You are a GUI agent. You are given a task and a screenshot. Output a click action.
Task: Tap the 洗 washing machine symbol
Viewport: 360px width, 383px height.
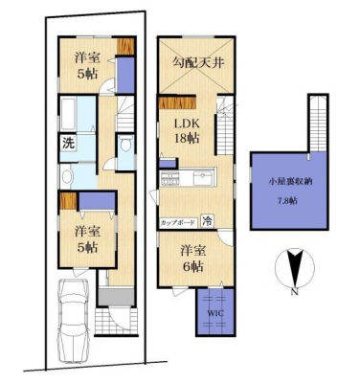67,144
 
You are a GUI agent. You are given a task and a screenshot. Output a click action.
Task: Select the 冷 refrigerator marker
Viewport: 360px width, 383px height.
208,221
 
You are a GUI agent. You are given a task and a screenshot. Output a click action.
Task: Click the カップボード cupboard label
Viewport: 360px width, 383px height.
177,222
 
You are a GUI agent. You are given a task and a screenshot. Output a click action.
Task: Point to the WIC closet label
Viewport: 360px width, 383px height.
216,313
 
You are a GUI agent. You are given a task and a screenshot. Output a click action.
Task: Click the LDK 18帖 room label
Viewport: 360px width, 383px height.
187,131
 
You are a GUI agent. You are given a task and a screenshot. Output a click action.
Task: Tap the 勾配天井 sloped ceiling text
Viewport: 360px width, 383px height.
198,62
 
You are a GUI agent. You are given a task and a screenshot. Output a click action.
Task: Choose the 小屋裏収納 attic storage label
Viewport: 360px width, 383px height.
290,182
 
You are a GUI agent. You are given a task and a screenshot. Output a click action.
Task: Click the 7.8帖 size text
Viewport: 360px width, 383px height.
287,201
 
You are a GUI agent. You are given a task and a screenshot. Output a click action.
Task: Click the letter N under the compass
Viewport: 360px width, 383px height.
294,292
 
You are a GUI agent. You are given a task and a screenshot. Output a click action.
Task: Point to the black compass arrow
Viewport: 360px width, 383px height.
295,267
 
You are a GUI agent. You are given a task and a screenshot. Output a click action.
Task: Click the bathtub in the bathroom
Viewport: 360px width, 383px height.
68,114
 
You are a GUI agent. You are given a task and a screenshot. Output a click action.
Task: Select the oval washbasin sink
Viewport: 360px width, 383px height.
66,177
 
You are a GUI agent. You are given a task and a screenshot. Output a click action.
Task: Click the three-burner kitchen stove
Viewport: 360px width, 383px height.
171,178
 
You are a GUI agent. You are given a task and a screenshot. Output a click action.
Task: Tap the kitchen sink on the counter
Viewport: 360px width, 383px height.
203,177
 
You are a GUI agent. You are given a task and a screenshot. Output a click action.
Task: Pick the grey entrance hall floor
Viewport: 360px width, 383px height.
116,297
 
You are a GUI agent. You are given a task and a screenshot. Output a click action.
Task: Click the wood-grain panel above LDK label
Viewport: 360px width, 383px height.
177,103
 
